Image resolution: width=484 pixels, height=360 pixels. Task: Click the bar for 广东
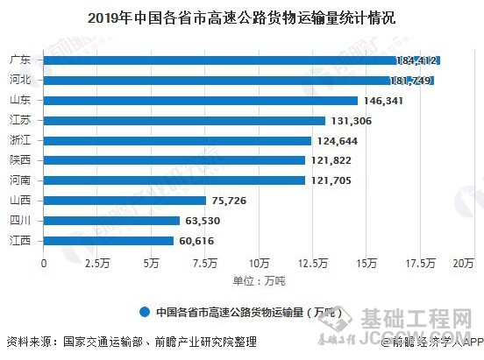coord(241,60)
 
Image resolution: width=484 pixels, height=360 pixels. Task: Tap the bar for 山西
coord(125,201)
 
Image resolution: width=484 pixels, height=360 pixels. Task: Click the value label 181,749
coord(412,81)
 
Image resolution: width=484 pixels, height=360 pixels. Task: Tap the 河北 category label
coord(22,81)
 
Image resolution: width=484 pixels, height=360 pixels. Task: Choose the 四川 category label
coord(22,221)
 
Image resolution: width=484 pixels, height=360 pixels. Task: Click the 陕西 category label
coord(22,160)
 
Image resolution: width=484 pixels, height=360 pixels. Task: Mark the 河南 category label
coord(22,180)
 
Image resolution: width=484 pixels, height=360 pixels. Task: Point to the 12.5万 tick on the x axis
coord(313,263)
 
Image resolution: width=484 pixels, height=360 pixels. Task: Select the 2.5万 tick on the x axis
coord(97,263)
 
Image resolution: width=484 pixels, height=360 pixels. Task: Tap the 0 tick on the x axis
coord(44,263)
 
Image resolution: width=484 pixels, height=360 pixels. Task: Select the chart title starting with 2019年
coord(241,17)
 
